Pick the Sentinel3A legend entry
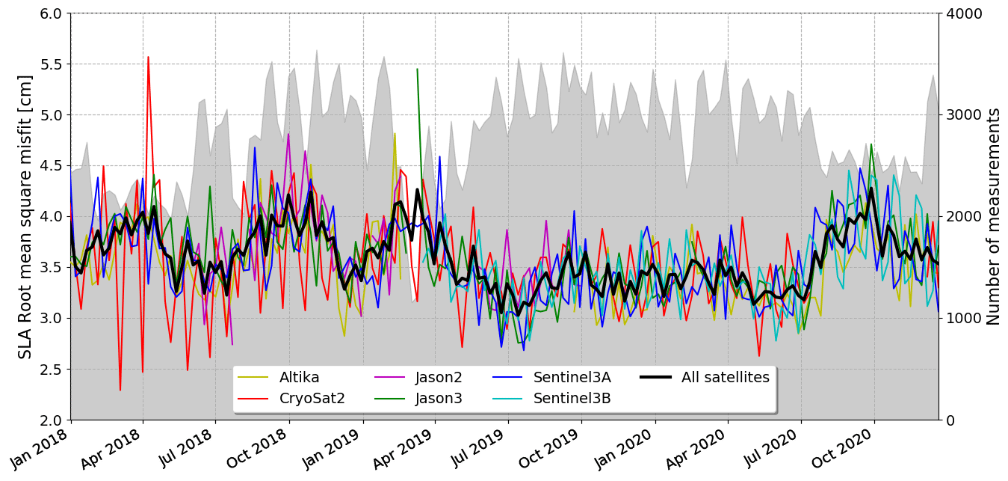[x=571, y=378]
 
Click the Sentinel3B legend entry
[x=571, y=399]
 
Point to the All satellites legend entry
[x=724, y=378]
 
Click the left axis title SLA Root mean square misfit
[x=25, y=216]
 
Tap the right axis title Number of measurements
[x=993, y=216]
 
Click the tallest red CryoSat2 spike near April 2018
[x=148, y=57]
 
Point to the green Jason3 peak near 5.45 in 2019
[x=417, y=69]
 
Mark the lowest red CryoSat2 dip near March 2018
[x=120, y=390]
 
